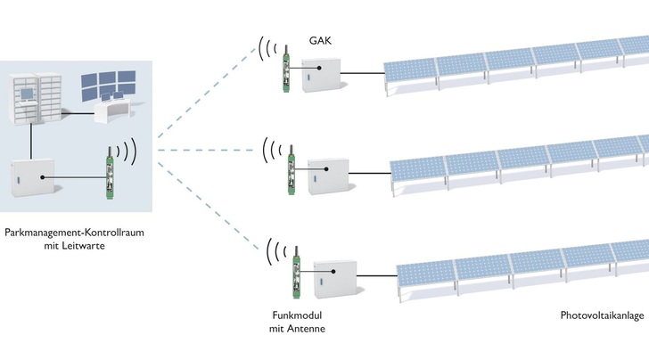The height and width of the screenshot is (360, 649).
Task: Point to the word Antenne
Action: (x=305, y=329)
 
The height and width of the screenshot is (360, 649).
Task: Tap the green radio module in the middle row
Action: (x=292, y=170)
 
